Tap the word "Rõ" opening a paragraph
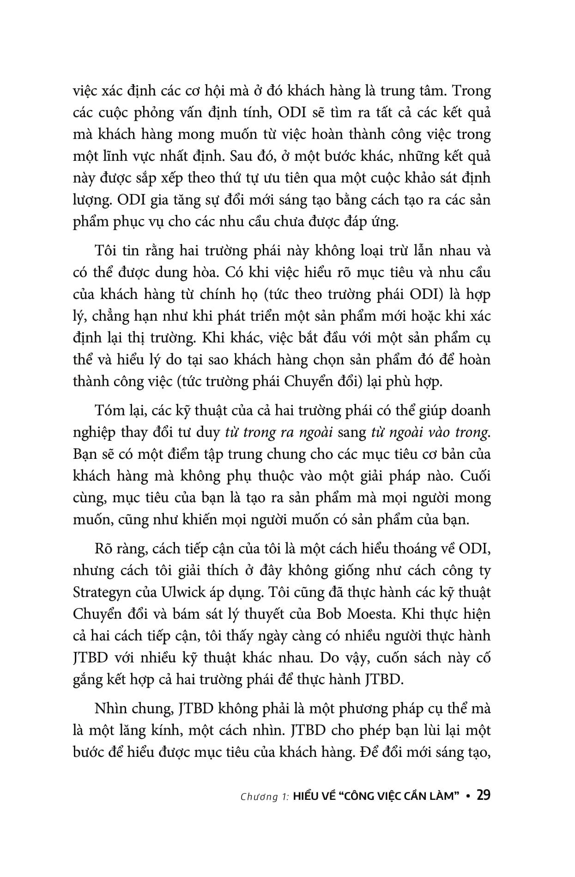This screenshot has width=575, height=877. (103, 549)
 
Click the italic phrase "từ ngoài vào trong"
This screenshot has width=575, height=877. (430, 432)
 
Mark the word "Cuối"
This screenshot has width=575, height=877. (475, 476)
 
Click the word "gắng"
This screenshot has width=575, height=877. (87, 680)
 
